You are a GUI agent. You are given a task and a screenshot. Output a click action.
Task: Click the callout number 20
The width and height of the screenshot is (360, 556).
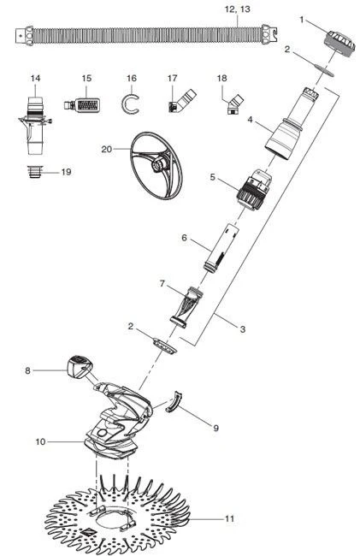tap(107, 150)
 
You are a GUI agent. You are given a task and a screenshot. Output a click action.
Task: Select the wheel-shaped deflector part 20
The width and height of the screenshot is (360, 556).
tap(156, 166)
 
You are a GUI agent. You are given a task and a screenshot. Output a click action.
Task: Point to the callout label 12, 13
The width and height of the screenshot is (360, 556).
tap(238, 9)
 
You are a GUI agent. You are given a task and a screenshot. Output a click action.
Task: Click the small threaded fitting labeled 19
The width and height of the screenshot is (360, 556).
tap(35, 172)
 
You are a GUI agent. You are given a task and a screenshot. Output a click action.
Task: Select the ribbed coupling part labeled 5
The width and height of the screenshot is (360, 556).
tap(254, 189)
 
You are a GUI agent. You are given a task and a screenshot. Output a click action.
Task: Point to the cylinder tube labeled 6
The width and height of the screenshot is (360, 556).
tap(221, 248)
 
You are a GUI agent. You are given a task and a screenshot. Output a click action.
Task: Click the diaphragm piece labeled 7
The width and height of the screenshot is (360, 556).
tap(186, 307)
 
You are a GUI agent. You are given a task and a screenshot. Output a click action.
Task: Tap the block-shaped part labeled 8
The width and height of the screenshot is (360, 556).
tap(80, 365)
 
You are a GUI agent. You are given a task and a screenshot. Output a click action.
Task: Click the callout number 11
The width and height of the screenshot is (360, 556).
tap(230, 518)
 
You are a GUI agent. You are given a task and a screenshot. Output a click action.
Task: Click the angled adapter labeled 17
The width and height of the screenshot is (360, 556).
tap(181, 101)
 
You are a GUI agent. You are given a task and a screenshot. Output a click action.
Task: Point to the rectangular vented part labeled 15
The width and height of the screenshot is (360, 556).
tap(81, 104)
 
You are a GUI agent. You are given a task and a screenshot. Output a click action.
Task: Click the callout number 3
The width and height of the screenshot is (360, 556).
tap(243, 329)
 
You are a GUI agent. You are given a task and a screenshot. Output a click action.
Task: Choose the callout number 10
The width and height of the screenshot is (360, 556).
tap(41, 442)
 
